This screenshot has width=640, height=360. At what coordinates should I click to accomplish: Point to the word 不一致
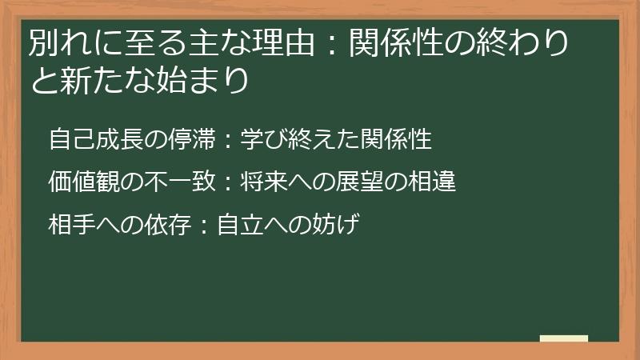point(178,182)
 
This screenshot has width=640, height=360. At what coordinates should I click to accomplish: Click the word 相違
point(432,182)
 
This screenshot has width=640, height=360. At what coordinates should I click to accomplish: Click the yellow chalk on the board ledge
point(564,338)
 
